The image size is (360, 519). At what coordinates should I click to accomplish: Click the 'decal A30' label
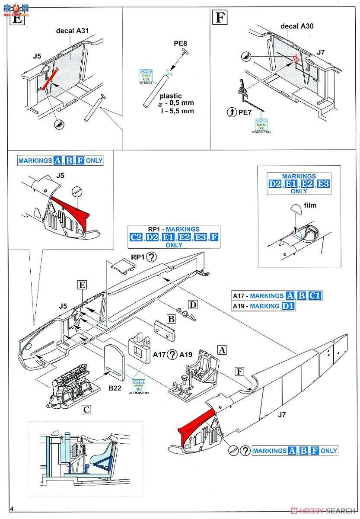point(297,26)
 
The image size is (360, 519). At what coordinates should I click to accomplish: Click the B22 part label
point(115,388)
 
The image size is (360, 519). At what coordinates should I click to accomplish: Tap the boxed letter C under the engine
point(87,408)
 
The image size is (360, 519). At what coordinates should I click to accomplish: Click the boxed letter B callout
point(171,319)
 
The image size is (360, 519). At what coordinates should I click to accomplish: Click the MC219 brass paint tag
point(144,77)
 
